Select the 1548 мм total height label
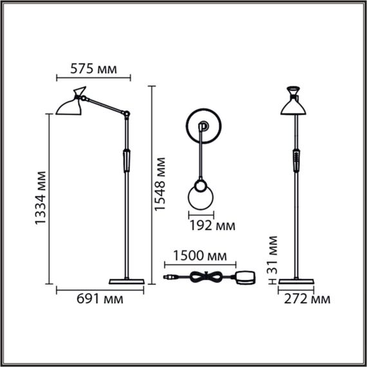pos(163,185)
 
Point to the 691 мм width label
pos(99,299)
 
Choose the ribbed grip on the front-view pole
pos(296,158)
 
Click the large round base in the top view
pos(205,127)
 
